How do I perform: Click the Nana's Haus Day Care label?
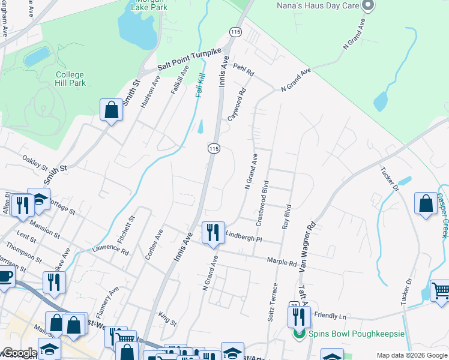(x=315, y=5)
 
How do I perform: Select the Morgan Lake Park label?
(x=150, y=6)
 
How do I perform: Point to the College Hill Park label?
(x=70, y=79)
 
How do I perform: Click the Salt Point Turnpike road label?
(x=190, y=59)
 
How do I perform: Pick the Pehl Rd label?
(x=244, y=70)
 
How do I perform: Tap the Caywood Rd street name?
(x=238, y=104)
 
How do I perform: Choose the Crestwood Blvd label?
(x=262, y=202)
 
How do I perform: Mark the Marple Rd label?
(x=282, y=262)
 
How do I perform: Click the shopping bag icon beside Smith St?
(x=111, y=110)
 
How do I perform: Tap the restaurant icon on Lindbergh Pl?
(x=213, y=232)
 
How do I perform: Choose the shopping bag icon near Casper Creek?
(x=426, y=203)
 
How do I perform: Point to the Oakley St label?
(x=34, y=163)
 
